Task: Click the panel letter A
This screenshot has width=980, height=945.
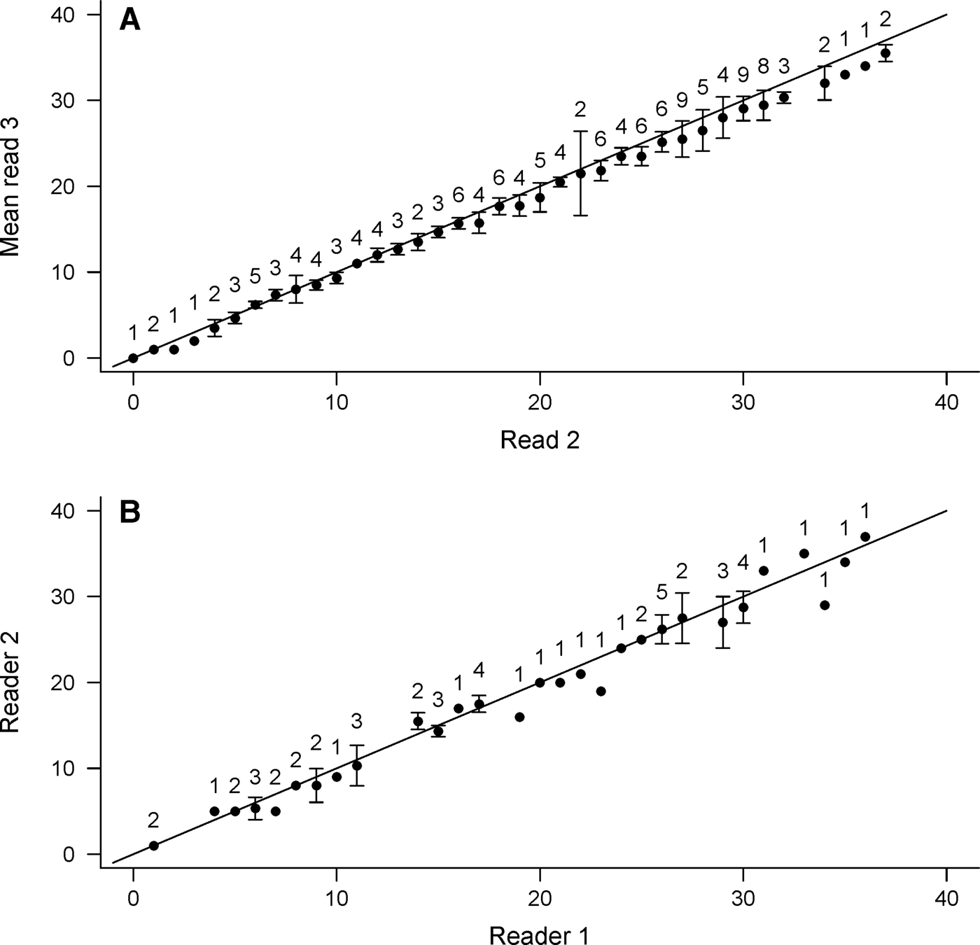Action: click(130, 20)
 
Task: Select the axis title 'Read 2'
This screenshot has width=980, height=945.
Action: click(540, 440)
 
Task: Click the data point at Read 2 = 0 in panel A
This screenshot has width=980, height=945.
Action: click(133, 358)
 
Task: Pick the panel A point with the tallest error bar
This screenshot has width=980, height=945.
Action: click(580, 173)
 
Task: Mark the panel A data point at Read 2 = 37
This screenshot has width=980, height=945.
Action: click(885, 53)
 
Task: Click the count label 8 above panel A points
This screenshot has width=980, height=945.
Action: click(764, 66)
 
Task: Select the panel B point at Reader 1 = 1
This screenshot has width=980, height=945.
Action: click(154, 846)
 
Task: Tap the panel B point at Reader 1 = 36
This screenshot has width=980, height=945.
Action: click(865, 537)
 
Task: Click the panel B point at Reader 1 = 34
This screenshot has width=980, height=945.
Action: click(825, 605)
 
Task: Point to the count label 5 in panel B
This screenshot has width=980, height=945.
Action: click(662, 592)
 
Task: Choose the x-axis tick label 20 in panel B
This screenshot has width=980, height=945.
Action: click(540, 899)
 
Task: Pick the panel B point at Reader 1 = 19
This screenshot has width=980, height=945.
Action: click(519, 717)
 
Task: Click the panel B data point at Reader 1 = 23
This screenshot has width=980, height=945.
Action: click(601, 691)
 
